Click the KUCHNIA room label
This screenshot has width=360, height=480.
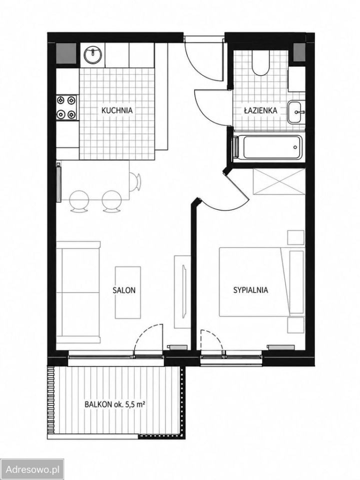click(x=117, y=110)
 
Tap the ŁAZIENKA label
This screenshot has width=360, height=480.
click(x=260, y=110)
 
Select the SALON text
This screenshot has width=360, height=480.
click(x=123, y=290)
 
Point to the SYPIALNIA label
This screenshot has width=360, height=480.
click(x=250, y=290)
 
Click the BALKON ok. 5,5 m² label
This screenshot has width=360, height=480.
click(x=115, y=404)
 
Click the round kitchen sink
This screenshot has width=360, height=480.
click(x=92, y=55)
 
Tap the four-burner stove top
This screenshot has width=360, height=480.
click(x=66, y=107)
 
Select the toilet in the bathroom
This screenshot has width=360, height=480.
click(x=260, y=63)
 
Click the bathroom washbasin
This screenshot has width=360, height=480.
click(x=295, y=112)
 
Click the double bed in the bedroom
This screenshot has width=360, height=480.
click(x=261, y=282)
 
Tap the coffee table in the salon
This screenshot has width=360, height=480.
click(x=128, y=292)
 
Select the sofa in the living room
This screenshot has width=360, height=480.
click(x=78, y=292)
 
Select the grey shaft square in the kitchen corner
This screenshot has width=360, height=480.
click(x=66, y=53)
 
